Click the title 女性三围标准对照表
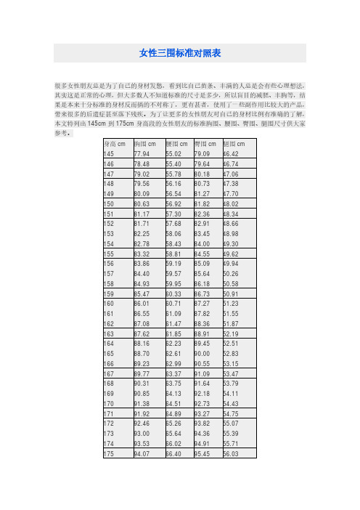[179, 53]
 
